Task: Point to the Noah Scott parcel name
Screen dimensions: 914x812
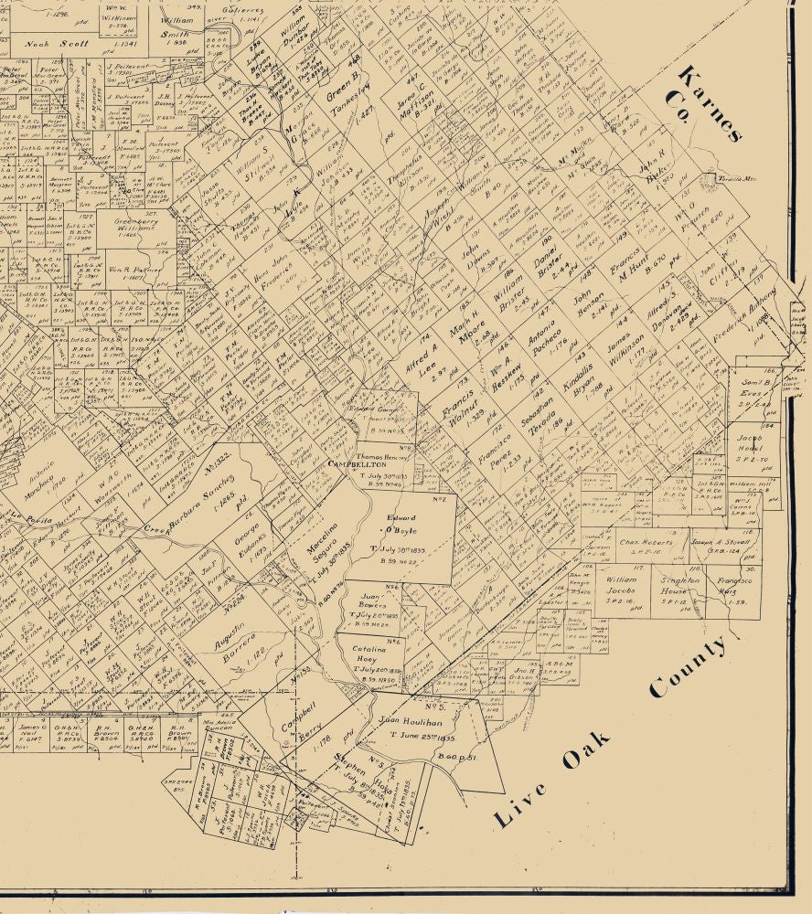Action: tap(57, 42)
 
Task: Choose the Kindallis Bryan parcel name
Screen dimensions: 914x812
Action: tap(578, 387)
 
